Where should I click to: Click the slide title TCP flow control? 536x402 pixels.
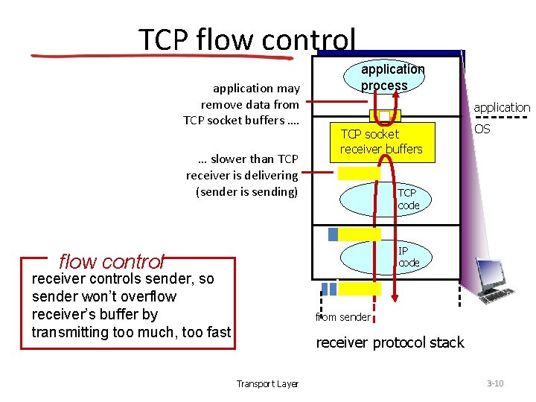247,39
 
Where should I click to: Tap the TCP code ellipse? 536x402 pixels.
384,199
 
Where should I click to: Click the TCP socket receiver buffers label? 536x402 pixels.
380,141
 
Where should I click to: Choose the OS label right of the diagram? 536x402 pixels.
482,130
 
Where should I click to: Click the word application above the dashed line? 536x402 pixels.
502,107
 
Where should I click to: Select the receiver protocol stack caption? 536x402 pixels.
389,342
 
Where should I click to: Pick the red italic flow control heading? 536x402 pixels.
111,262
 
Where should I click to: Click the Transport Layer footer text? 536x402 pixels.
267,384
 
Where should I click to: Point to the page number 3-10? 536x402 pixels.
495,383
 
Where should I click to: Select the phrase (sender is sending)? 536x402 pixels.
246,191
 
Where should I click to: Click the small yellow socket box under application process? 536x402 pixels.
385,115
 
